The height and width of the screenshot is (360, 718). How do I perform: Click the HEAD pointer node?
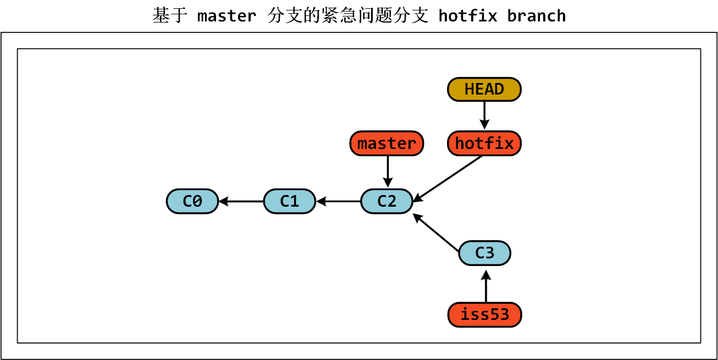tap(484, 89)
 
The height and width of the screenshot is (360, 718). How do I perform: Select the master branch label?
tap(386, 143)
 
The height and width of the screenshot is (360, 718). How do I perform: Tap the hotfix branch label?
tap(484, 143)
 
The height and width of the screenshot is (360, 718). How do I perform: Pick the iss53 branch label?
tap(484, 315)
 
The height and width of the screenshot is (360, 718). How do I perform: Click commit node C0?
tap(192, 201)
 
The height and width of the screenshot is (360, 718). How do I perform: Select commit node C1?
tap(289, 201)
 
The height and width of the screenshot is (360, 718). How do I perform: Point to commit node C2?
tap(386, 201)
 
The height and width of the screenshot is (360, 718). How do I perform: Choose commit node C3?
tap(484, 253)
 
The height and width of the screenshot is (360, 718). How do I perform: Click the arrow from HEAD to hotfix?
tap(484, 115)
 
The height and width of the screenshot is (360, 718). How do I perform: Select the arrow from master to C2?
tap(388, 171)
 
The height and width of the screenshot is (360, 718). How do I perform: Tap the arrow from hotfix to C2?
tap(448, 179)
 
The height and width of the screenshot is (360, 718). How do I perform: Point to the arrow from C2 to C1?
tap(338, 202)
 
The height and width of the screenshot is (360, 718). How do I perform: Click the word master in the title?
tap(227, 16)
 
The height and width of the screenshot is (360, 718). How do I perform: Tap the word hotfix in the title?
tap(468, 16)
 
